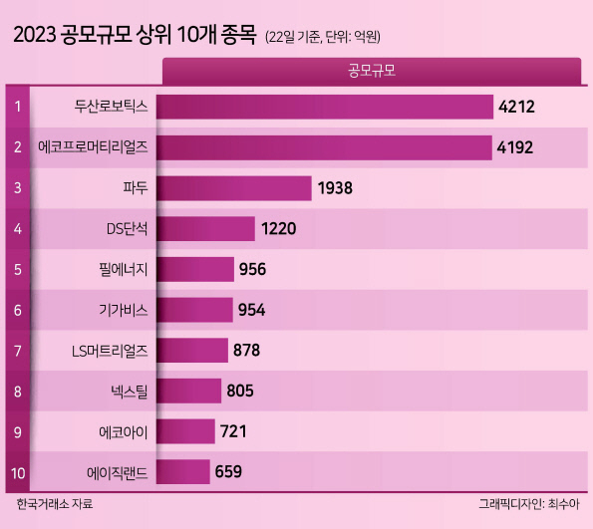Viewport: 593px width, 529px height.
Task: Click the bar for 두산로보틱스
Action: pos(325,107)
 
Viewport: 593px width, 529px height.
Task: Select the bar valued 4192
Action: pos(324,147)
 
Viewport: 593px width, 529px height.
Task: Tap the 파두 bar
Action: pos(234,188)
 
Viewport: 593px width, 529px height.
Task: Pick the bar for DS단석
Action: pos(205,229)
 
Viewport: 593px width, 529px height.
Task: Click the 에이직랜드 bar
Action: pos(183,471)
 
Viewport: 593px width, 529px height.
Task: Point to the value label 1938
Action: pos(335,188)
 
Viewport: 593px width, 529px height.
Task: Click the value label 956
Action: pos(252,269)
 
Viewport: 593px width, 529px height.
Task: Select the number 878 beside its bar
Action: pos(246,350)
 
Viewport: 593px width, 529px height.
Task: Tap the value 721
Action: pos(233,431)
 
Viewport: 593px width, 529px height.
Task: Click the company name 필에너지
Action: pos(124,270)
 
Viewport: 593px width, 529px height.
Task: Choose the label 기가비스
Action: pos(124,311)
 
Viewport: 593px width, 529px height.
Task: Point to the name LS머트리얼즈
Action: pos(110,352)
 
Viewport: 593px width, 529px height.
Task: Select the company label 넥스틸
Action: pos(129,392)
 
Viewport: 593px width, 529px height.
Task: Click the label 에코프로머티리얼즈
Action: pos(93,147)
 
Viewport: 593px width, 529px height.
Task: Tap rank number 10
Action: pos(18,473)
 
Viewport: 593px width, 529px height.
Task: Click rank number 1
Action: pos(18,107)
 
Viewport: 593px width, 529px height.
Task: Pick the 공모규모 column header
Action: pos(372,71)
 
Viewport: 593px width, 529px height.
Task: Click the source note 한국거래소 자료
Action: pos(55,504)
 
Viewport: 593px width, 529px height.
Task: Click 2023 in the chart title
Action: pos(35,35)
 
